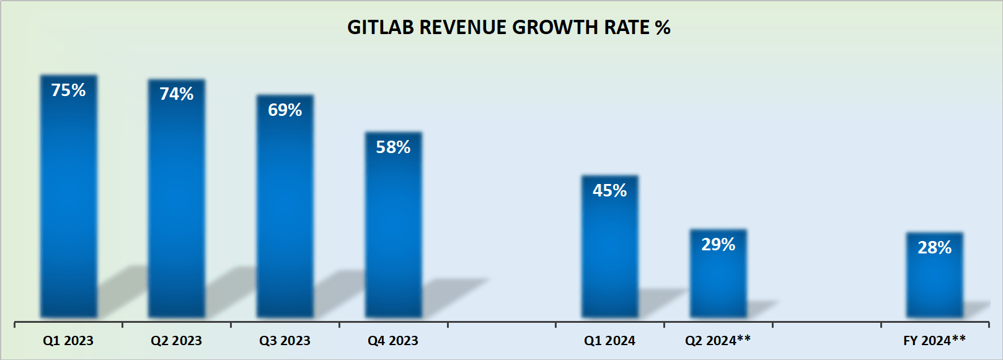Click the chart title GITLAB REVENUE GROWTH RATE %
(x=508, y=27)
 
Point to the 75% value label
(x=68, y=90)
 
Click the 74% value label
(x=177, y=94)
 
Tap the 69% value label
(x=285, y=110)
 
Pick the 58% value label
(x=393, y=147)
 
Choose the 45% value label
(x=609, y=191)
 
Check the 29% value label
(x=718, y=245)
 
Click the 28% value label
(x=934, y=248)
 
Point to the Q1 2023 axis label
(x=68, y=341)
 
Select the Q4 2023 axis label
(x=393, y=341)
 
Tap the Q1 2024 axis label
(x=609, y=341)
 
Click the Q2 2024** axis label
(x=718, y=340)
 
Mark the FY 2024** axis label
(x=934, y=340)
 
